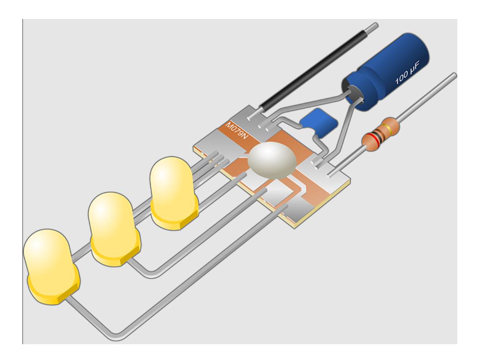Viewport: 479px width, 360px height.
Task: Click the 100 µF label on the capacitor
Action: point(407,73)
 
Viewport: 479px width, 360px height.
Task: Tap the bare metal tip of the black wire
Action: point(372,26)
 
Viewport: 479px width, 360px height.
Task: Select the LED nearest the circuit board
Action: point(174,193)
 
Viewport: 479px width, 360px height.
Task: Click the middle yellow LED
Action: point(114,229)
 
